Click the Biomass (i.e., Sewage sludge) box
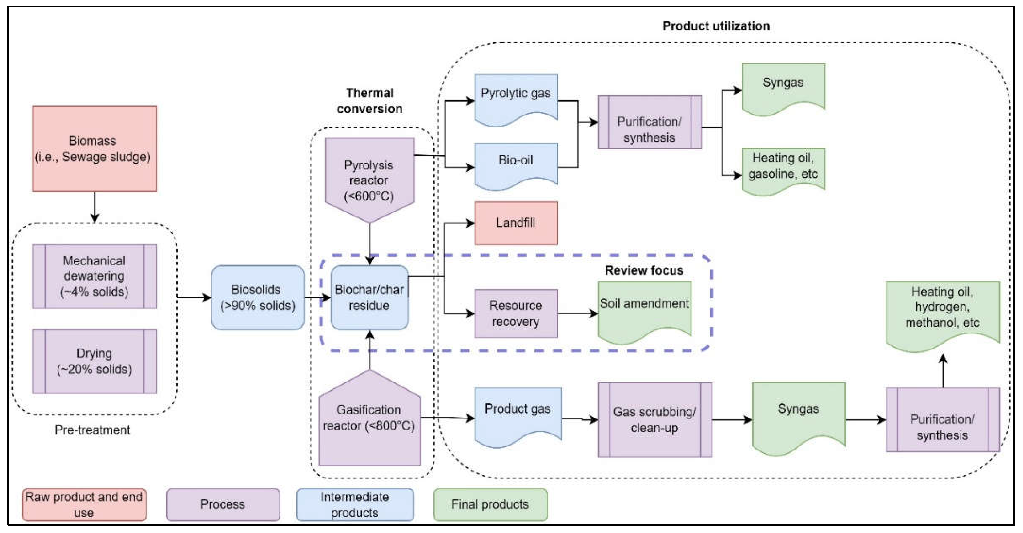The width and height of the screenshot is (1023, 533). click(95, 148)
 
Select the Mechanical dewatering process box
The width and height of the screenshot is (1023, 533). click(95, 276)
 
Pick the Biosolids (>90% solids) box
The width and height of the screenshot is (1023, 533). click(258, 297)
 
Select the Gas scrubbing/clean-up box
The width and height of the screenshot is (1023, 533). click(654, 420)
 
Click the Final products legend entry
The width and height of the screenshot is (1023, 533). click(490, 504)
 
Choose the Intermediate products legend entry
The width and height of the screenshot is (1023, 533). click(355, 504)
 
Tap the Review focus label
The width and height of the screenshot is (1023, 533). click(644, 270)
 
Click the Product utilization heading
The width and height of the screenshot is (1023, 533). click(716, 26)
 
